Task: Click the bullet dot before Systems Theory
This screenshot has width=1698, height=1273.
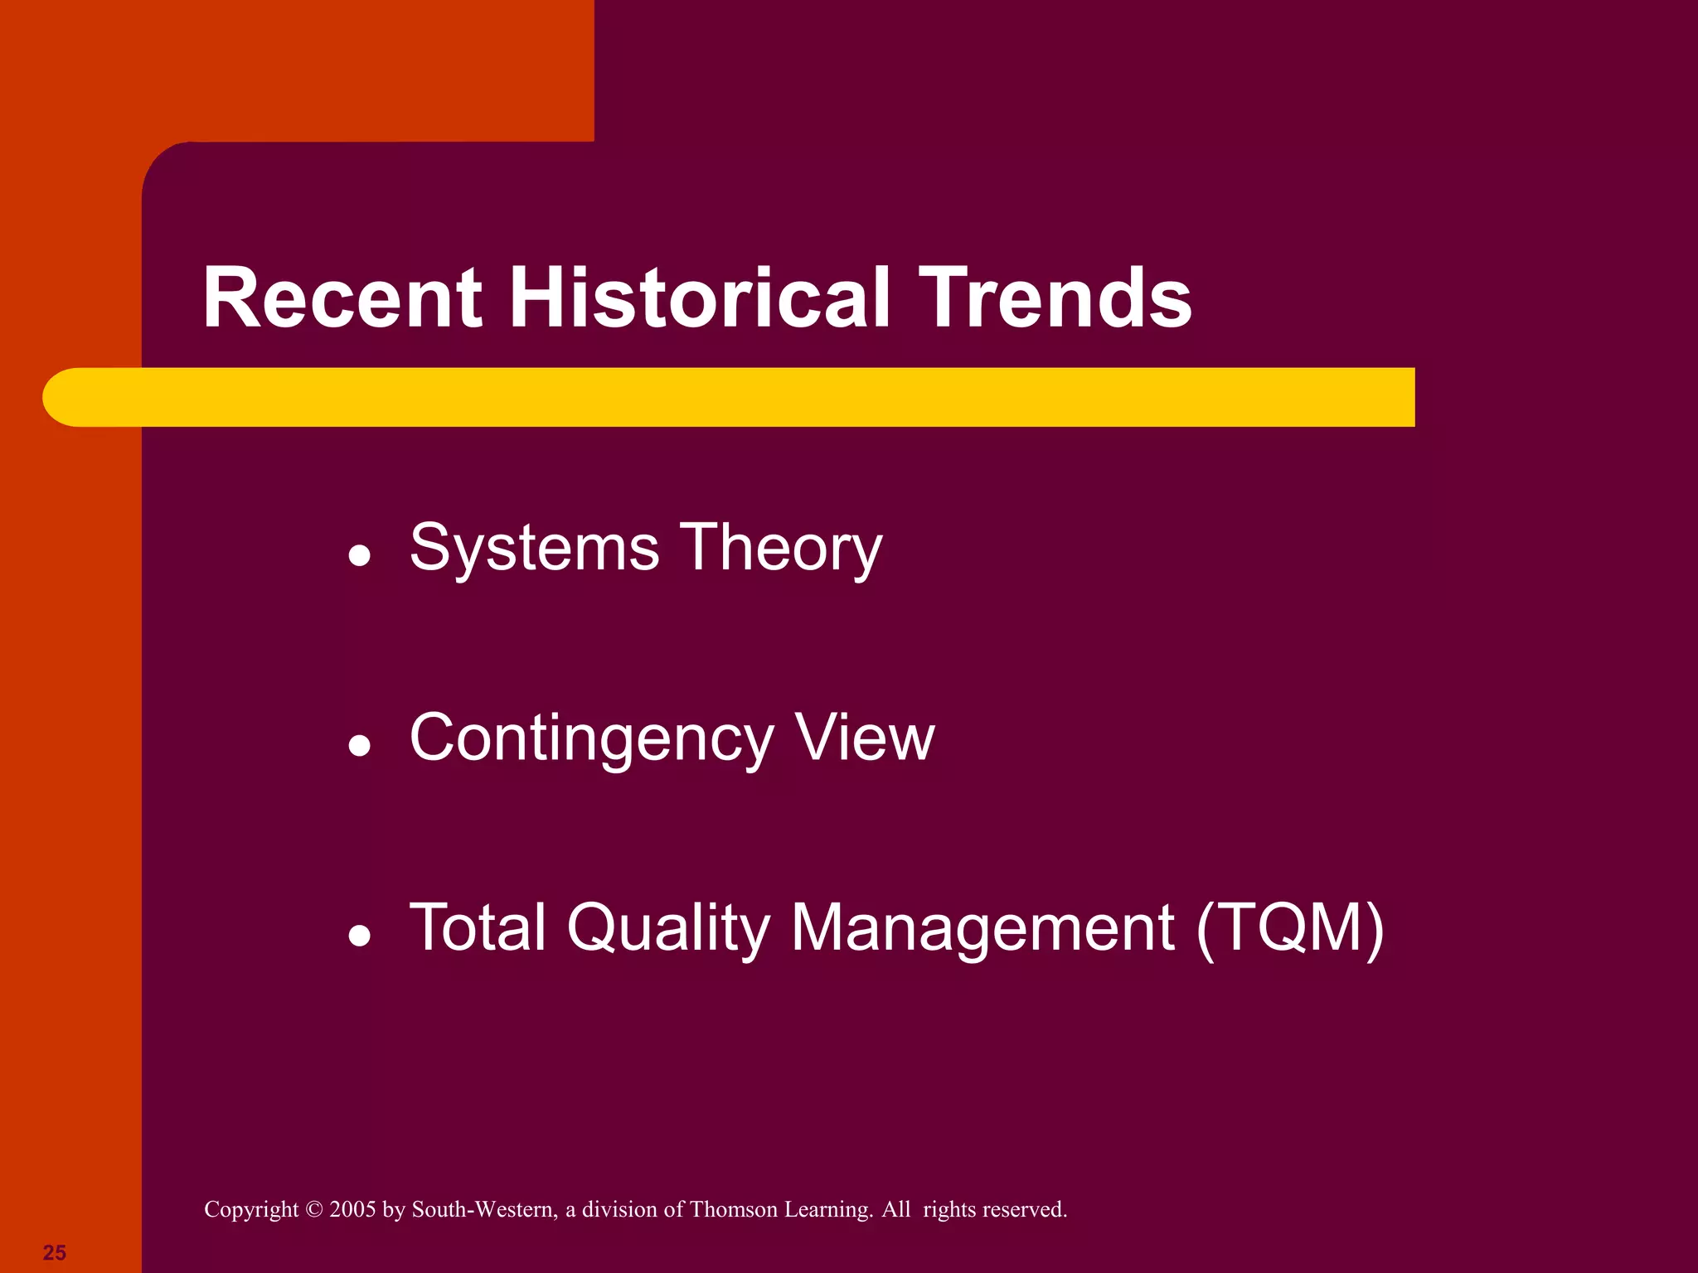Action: [359, 556]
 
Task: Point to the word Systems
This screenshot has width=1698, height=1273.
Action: [535, 549]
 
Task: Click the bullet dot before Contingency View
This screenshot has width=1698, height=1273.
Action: [359, 746]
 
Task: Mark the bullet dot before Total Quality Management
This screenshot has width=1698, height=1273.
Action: [359, 936]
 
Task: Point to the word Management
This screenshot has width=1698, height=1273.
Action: [982, 928]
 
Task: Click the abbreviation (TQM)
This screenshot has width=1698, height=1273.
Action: [1290, 928]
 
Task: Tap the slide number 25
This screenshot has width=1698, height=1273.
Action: [55, 1252]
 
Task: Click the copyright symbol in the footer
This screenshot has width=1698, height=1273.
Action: [313, 1210]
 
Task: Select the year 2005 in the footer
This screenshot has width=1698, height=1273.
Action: [352, 1210]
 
